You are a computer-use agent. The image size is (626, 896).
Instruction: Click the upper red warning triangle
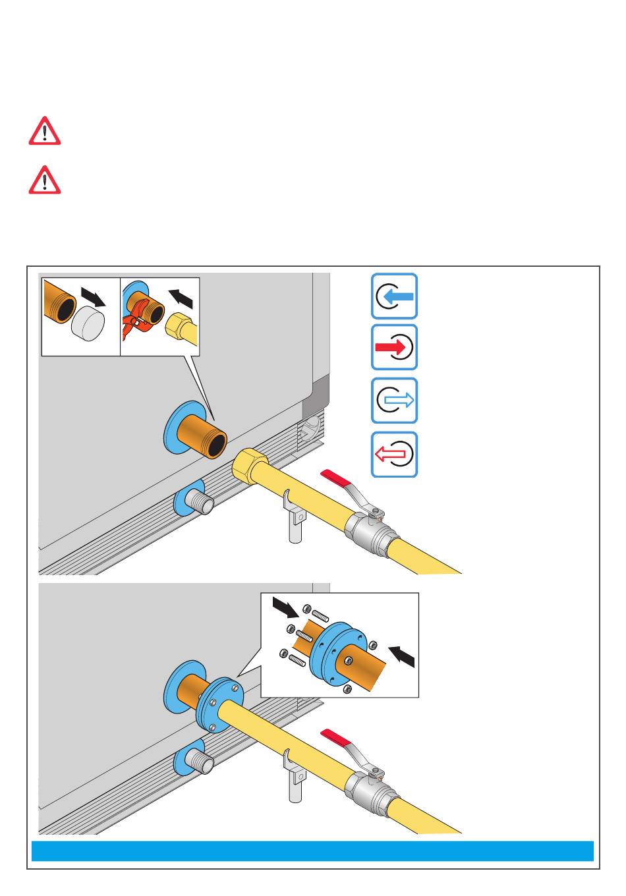tap(45, 131)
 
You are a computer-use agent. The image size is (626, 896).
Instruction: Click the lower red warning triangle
tap(45, 180)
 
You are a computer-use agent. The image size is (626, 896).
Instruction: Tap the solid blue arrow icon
tap(394, 296)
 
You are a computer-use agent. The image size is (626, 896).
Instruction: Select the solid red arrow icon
tap(394, 347)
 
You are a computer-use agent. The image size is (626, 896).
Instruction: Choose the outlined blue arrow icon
tap(394, 401)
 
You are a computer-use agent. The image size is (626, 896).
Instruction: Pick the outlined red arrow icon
tap(394, 454)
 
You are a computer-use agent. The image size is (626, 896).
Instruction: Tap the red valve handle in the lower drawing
tap(337, 737)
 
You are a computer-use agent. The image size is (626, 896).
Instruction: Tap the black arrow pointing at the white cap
tap(92, 297)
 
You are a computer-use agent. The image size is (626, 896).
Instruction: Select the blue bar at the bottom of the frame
tap(313, 851)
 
